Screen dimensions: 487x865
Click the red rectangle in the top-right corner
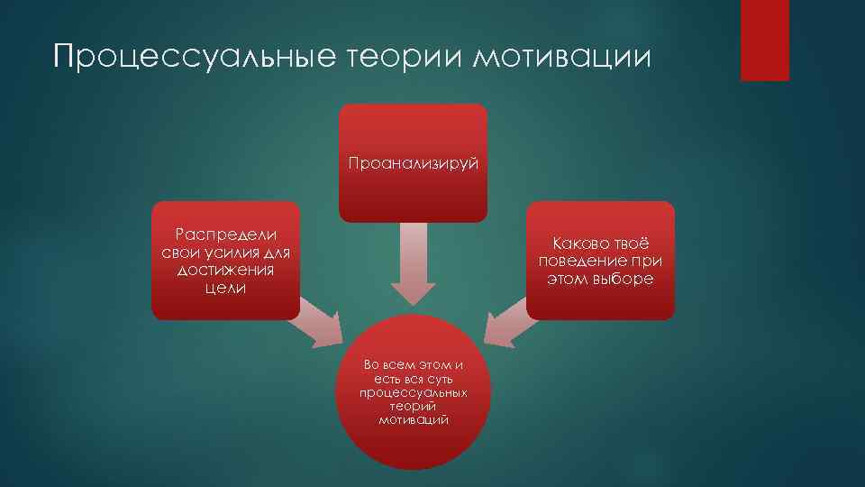tap(764, 40)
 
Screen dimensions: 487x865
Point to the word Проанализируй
tap(414, 163)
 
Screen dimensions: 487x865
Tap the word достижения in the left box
tap(225, 271)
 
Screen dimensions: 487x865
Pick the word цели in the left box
tap(225, 289)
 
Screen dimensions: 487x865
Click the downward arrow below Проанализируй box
tap(413, 266)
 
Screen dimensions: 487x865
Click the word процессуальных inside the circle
tap(413, 394)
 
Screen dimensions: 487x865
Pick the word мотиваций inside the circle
tap(414, 420)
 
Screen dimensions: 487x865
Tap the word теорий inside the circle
tap(414, 408)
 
